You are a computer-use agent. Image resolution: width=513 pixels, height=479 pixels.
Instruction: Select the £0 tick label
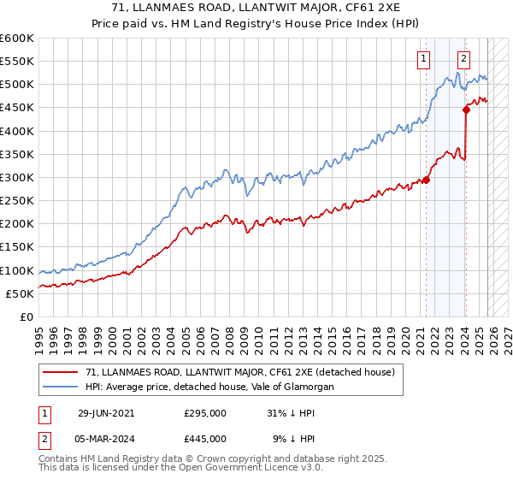[27, 316]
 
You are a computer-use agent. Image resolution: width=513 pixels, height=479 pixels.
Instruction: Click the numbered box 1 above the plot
[424, 59]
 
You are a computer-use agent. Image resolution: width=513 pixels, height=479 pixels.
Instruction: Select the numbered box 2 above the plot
[463, 59]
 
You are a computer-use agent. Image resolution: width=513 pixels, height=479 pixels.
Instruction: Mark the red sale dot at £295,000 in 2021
[426, 180]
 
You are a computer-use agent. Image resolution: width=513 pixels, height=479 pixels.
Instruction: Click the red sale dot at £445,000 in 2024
[467, 109]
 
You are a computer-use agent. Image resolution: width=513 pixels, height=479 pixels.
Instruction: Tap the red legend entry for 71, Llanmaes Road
[239, 372]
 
